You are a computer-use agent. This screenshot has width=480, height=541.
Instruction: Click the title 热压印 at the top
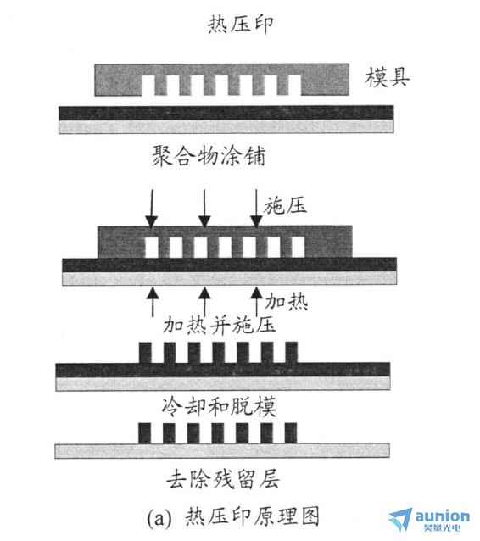click(x=241, y=25)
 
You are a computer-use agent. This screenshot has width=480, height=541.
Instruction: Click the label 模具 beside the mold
click(x=388, y=77)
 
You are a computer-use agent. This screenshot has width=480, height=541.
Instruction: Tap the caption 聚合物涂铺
click(x=209, y=156)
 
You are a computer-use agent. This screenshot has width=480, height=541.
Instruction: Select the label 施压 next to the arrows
click(x=285, y=206)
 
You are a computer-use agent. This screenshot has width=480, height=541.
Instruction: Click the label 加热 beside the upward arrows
click(x=286, y=302)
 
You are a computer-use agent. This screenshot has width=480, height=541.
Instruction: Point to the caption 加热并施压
click(x=219, y=325)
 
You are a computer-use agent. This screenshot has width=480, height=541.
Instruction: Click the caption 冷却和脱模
click(x=219, y=406)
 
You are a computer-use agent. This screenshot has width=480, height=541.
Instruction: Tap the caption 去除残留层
click(x=223, y=480)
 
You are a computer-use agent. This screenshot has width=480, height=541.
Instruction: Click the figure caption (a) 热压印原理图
click(x=233, y=516)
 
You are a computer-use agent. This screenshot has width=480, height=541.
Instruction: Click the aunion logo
click(x=429, y=519)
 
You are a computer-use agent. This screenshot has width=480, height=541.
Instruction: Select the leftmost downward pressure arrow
click(x=152, y=209)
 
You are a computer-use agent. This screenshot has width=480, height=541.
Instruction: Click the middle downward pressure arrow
click(x=204, y=209)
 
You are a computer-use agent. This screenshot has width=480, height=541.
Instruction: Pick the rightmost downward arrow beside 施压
click(x=256, y=209)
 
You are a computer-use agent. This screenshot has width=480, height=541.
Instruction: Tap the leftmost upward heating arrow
click(x=153, y=302)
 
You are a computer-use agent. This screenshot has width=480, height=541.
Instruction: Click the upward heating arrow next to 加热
click(x=256, y=302)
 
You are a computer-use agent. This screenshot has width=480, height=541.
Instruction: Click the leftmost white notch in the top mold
click(x=148, y=86)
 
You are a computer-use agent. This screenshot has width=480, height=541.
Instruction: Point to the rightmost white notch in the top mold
click(x=294, y=86)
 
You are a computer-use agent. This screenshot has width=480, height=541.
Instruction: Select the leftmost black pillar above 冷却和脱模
click(x=145, y=353)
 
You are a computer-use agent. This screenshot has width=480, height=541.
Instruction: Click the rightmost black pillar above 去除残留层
click(x=291, y=433)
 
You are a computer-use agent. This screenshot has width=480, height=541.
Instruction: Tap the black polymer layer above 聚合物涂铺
click(x=226, y=113)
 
